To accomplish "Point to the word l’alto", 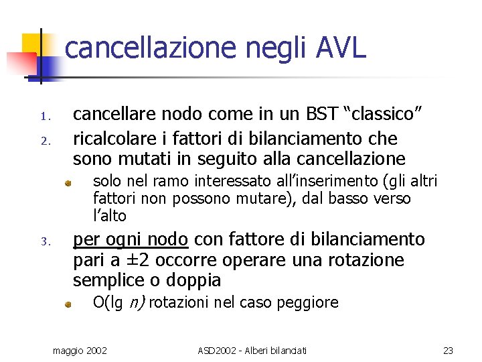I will [110, 216].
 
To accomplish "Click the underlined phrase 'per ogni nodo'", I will [131, 240].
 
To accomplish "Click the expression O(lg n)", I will [118, 302].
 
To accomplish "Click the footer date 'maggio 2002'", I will [84, 350].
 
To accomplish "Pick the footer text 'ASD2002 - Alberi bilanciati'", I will [252, 350].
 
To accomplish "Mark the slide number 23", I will [448, 350].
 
